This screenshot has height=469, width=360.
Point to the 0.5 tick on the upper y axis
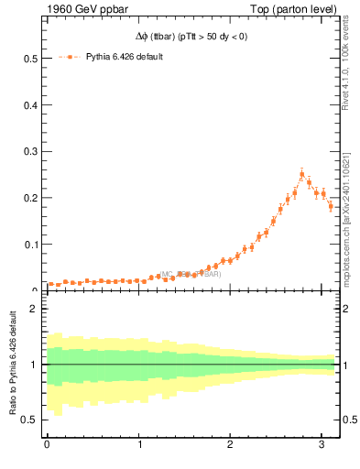click(x=29, y=59)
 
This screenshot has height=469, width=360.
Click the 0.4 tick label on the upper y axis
click(x=29, y=105)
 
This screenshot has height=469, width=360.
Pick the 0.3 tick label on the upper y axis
click(x=29, y=152)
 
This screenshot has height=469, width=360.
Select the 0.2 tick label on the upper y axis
click(x=29, y=198)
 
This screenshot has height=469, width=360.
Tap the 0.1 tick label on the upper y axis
click(x=29, y=245)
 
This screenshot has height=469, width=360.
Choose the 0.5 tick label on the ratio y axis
click(x=29, y=420)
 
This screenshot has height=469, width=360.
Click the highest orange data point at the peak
click(x=301, y=174)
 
